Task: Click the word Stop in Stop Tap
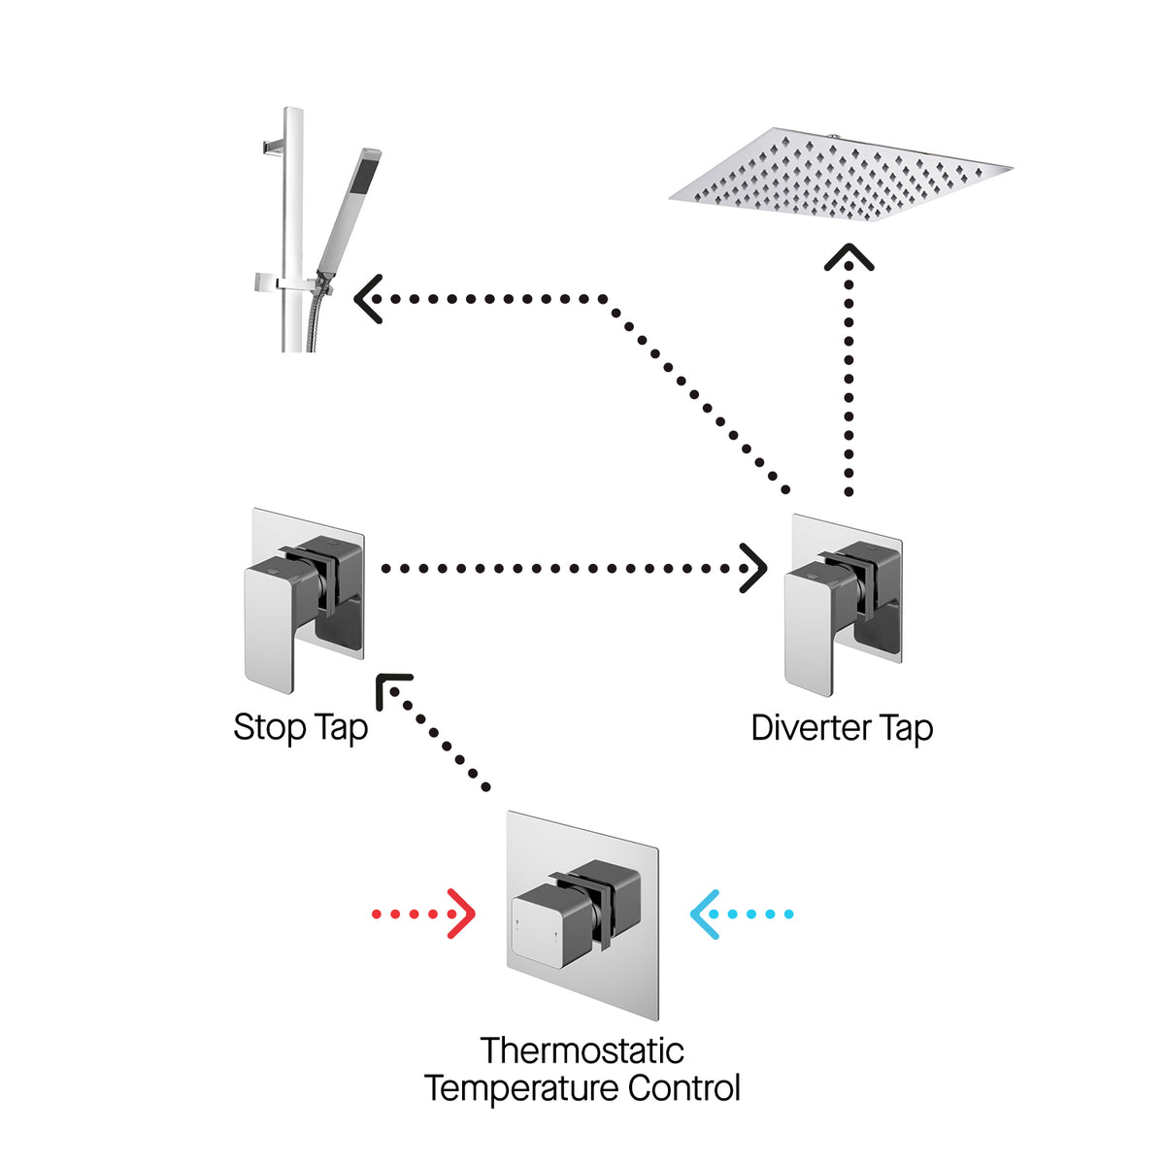coord(270,727)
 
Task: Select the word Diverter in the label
coord(810,728)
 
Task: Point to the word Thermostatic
coord(582,1050)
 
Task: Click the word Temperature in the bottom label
coord(522,1088)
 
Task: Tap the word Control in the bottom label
coord(684,1088)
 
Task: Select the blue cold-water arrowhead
coord(705,914)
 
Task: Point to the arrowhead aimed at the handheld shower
coord(367,298)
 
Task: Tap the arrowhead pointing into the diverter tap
coord(753,568)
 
